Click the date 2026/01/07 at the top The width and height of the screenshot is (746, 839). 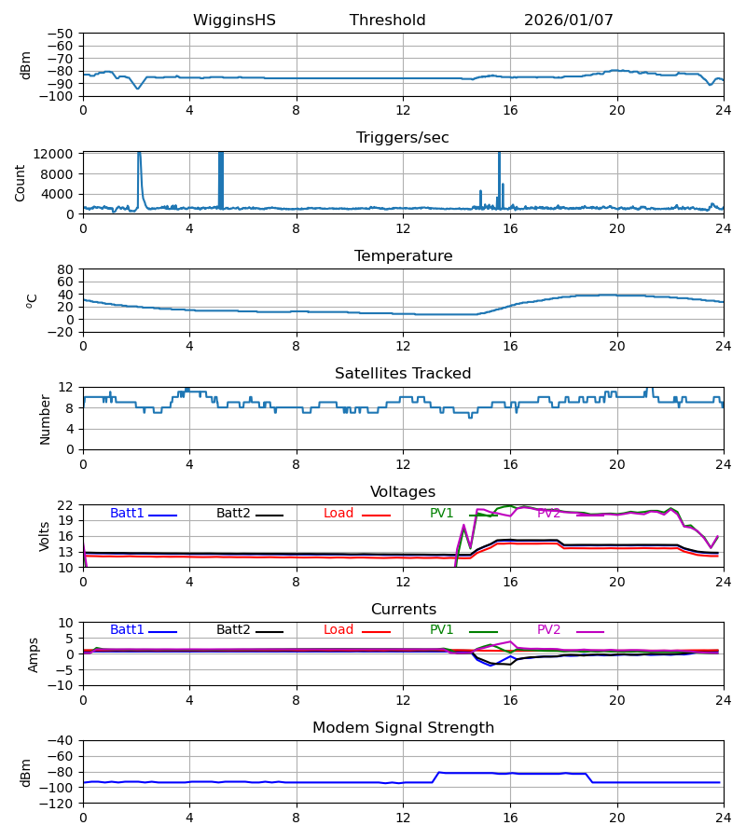(x=568, y=21)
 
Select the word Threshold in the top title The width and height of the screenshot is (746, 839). (x=387, y=21)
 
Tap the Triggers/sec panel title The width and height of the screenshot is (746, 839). (x=402, y=138)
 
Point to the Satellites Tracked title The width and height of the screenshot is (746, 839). (x=402, y=374)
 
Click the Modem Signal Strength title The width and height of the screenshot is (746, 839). (x=402, y=728)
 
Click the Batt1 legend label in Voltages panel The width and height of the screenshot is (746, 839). (x=127, y=514)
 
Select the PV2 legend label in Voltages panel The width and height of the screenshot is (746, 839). (x=549, y=514)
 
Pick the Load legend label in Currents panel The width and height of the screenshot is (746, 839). (x=338, y=630)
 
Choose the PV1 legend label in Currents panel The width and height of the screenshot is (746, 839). (x=442, y=630)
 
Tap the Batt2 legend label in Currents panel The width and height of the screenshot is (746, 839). (x=233, y=630)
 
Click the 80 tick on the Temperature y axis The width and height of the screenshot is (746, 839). (x=65, y=269)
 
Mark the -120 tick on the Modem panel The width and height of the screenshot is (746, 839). (x=60, y=804)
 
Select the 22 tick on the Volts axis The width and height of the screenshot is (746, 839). (x=65, y=505)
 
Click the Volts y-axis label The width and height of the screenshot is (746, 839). (x=45, y=536)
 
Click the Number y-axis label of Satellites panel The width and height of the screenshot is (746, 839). (x=45, y=419)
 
